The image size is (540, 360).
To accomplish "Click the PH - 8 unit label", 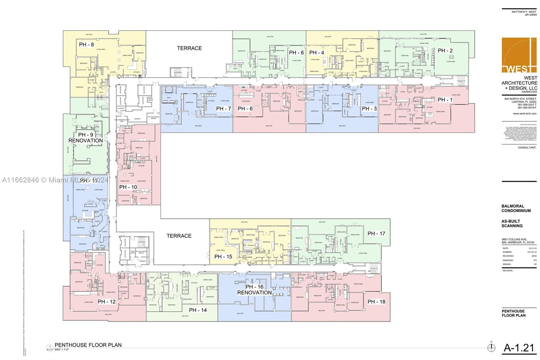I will click(x=86, y=45).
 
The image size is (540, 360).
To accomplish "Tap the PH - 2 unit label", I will click(x=445, y=51).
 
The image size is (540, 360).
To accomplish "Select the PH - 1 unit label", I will click(x=445, y=100).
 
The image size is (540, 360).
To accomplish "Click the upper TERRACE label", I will click(x=189, y=48).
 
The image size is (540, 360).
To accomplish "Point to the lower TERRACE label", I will click(x=179, y=236).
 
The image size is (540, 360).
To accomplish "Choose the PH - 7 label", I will click(x=223, y=108).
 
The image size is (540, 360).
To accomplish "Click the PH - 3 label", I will click(x=369, y=108).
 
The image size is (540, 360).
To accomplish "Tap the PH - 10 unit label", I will click(x=128, y=187).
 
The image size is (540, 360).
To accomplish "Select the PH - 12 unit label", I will click(x=107, y=302).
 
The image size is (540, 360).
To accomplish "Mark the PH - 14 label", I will click(x=198, y=310).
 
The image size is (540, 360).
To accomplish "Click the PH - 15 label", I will click(x=223, y=257).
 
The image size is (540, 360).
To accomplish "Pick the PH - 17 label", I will click(x=376, y=233).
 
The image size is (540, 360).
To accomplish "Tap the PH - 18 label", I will click(x=376, y=302).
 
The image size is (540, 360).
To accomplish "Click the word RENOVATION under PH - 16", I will click(x=254, y=293).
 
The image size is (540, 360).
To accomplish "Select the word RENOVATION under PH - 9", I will click(x=86, y=140).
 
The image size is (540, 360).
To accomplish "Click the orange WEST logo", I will click(x=519, y=55).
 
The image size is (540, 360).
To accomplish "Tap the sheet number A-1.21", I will click(x=519, y=348).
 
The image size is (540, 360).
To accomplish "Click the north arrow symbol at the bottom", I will click(x=491, y=347).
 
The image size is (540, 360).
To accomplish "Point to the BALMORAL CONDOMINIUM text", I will click(x=516, y=208).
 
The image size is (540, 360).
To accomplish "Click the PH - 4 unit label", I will click(x=317, y=53).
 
